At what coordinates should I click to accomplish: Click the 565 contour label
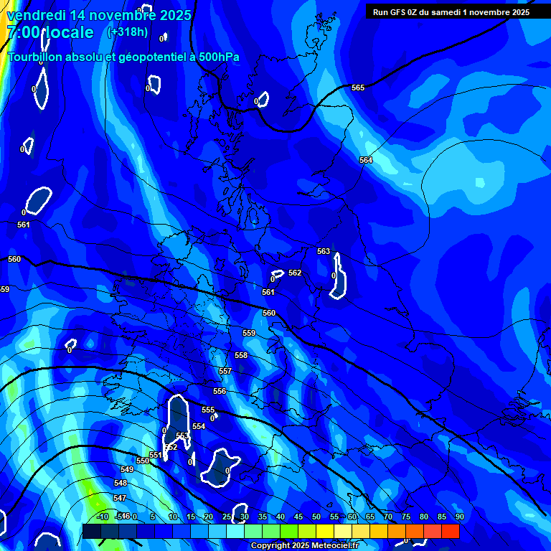[x=358, y=88]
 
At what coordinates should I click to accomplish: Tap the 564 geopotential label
[x=366, y=160]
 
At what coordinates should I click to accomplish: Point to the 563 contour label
[x=324, y=251]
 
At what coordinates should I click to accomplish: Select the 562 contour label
[x=295, y=273]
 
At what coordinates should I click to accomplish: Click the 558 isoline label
[x=241, y=355]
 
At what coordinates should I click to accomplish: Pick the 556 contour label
[x=220, y=391]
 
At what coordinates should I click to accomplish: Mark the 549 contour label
[x=127, y=469]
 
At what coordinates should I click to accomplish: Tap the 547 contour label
[x=120, y=498]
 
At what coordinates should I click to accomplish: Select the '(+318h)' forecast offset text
[x=127, y=32]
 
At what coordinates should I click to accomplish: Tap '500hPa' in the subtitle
[x=218, y=57]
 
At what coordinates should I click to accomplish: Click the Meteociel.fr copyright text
[x=304, y=546]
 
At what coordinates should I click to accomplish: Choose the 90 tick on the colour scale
[x=459, y=517]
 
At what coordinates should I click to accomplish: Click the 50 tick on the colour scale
[x=316, y=517]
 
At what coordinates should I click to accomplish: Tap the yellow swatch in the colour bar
[x=325, y=531]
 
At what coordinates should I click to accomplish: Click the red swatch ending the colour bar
[x=450, y=531]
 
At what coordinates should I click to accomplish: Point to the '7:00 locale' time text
[x=50, y=32]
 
